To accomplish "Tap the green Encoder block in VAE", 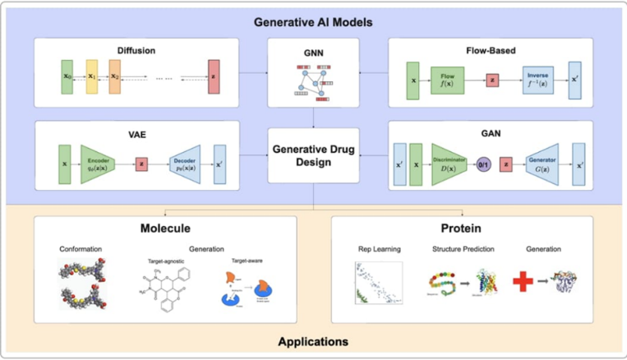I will click(98, 163).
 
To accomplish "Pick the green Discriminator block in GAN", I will click(449, 164).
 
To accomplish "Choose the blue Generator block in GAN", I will click(542, 164).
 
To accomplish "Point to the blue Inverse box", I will click(537, 80).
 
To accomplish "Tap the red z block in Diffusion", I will click(214, 76).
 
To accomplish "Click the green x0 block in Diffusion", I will click(67, 76).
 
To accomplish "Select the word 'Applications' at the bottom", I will click(312, 341).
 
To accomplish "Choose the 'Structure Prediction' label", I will click(461, 248).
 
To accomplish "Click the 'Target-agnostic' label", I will click(164, 260).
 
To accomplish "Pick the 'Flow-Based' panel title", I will click(491, 50).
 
